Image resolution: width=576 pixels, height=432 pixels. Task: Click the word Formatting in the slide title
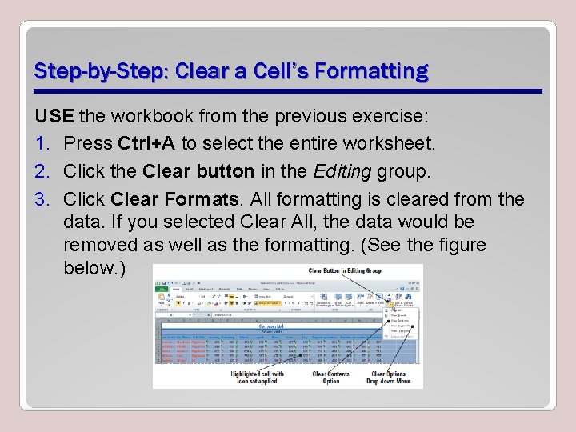(x=371, y=72)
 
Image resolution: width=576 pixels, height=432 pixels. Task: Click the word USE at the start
(x=54, y=117)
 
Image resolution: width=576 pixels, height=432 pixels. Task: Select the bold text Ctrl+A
(x=146, y=144)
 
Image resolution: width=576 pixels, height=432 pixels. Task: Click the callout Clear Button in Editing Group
(x=345, y=271)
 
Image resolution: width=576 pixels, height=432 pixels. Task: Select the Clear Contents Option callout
(x=331, y=378)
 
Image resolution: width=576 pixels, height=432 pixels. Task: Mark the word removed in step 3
(x=101, y=245)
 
